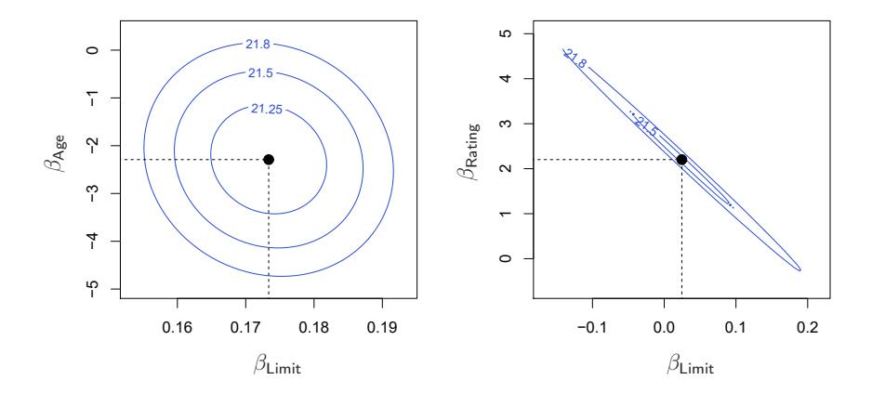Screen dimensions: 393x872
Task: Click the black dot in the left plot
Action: [269, 160]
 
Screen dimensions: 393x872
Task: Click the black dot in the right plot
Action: [681, 160]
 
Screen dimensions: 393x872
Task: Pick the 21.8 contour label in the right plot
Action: [575, 59]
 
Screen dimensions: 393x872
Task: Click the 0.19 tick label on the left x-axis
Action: [383, 327]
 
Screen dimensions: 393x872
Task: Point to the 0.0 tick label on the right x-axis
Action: [663, 327]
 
